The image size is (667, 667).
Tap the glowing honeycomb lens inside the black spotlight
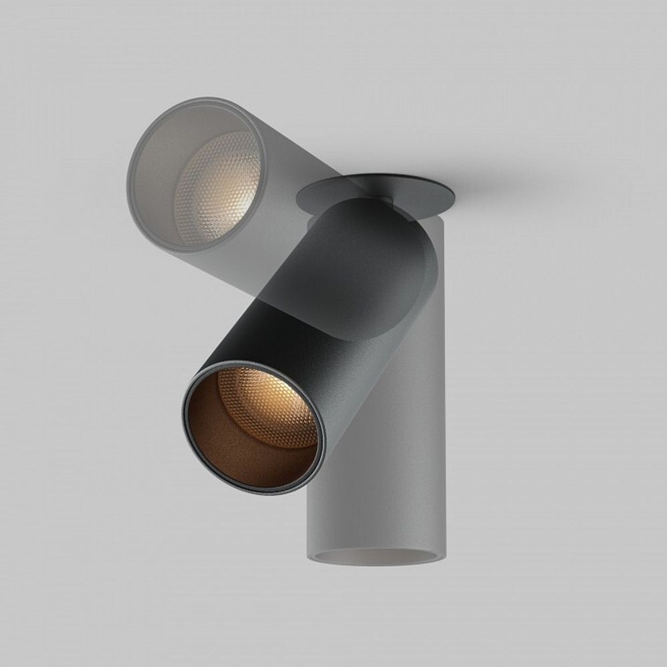point(270,407)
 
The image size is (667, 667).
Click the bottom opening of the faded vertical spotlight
point(374,557)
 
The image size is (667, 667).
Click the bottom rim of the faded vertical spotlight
point(374,564)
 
